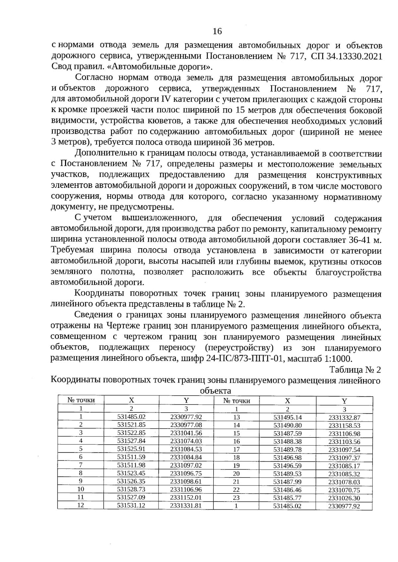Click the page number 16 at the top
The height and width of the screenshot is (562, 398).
pos(217,31)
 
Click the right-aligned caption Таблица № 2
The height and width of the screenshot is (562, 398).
pos(355,370)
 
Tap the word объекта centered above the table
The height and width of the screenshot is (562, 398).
pos(216,391)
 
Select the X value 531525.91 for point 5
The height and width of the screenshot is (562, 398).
pos(131,449)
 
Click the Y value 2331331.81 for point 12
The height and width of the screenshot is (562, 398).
pos(186,505)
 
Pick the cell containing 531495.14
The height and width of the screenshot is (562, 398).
pos(288,417)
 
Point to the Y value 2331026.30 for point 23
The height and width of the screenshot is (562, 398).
pos(344,498)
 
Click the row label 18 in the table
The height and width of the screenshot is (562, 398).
pos(236,457)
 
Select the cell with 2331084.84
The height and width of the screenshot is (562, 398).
pos(186,457)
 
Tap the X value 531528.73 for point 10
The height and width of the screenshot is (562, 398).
pos(131,489)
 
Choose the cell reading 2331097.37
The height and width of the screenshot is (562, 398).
pos(344,458)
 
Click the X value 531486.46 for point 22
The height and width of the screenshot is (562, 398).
pos(288,490)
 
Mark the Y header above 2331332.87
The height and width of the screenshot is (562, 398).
pos(344,401)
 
